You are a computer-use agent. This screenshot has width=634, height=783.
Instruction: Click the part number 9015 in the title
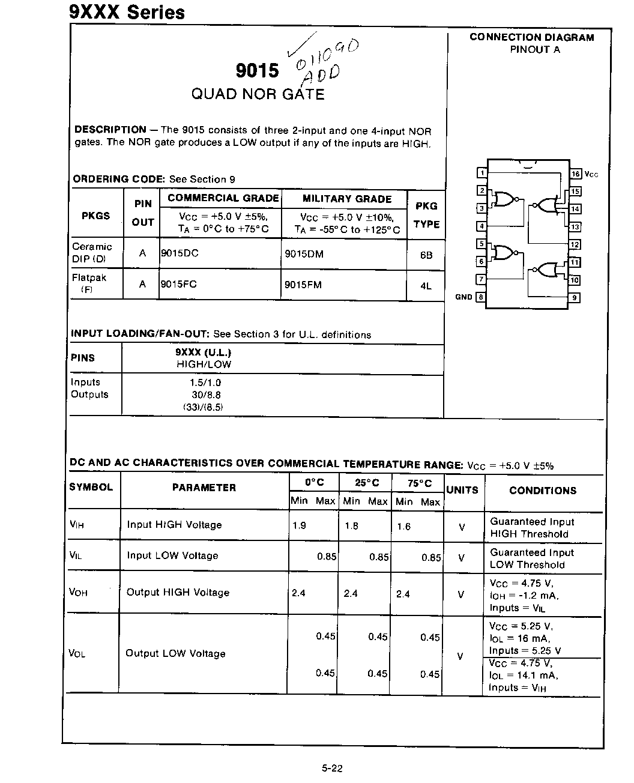pos(258,71)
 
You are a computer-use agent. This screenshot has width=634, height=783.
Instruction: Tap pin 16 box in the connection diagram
pos(575,174)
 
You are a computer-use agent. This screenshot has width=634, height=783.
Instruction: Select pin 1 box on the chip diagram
pos(482,174)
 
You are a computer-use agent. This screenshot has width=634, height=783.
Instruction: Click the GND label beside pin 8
pos(463,297)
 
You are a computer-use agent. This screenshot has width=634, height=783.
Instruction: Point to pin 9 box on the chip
pos(575,297)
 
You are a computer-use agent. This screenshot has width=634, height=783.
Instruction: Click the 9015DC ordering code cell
pos(180,253)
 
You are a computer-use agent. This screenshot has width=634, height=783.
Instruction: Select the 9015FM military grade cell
pos(303,285)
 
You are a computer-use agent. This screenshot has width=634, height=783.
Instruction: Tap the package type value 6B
pos(426,255)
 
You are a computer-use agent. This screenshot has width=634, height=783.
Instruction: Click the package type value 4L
pos(426,286)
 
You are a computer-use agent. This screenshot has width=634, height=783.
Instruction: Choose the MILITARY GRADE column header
pos(347,199)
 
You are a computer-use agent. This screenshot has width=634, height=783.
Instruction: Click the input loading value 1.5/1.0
pos(205,382)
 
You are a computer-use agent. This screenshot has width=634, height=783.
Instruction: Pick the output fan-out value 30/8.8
pos(205,395)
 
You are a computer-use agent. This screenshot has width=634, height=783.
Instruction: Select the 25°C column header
pos(366,483)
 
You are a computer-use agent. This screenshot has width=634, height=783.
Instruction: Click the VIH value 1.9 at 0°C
pos(299,525)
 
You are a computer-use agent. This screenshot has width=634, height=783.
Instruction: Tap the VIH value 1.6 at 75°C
pos(404,527)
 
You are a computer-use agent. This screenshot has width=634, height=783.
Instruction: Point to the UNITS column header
pos(462,490)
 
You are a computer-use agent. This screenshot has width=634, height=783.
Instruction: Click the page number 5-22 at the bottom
pos(332,768)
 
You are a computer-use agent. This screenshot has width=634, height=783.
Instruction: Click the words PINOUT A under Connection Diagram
pos(534,50)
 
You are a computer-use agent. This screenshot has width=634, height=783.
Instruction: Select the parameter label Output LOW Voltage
pos(175,653)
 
